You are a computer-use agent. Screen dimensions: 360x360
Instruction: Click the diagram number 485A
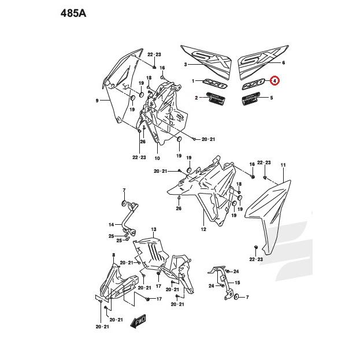(73, 13)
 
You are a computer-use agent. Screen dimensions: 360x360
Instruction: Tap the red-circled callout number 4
(274, 81)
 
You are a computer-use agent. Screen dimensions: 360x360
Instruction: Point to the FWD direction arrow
(139, 320)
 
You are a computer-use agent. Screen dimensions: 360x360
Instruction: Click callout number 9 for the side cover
(97, 100)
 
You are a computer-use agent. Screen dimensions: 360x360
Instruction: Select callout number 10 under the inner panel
(157, 157)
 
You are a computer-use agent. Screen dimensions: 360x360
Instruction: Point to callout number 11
(283, 166)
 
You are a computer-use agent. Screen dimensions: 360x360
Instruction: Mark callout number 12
(203, 229)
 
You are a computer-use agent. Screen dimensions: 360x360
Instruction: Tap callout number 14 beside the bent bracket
(112, 224)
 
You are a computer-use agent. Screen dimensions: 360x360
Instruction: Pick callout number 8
(113, 255)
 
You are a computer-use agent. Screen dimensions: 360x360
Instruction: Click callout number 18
(149, 77)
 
